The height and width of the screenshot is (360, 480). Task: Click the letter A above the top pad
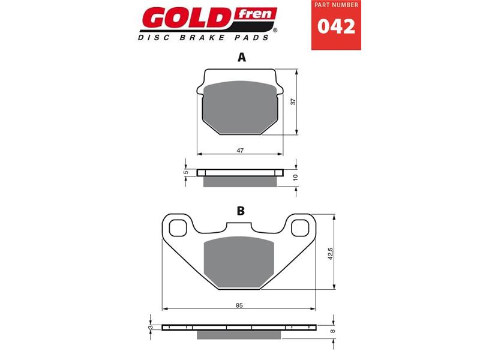[241, 58]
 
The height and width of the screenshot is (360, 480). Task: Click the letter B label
[241, 211]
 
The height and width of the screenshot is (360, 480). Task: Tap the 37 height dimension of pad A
[293, 102]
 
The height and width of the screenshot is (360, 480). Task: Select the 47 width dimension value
[240, 151]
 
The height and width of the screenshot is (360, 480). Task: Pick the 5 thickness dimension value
[186, 172]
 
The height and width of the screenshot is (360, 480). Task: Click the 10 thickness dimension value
[295, 178]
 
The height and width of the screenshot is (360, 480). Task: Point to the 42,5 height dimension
[329, 252]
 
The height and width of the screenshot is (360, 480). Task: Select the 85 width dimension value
[239, 306]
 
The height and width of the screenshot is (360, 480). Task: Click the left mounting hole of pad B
[178, 228]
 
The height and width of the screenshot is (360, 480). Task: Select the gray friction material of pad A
[240, 108]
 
